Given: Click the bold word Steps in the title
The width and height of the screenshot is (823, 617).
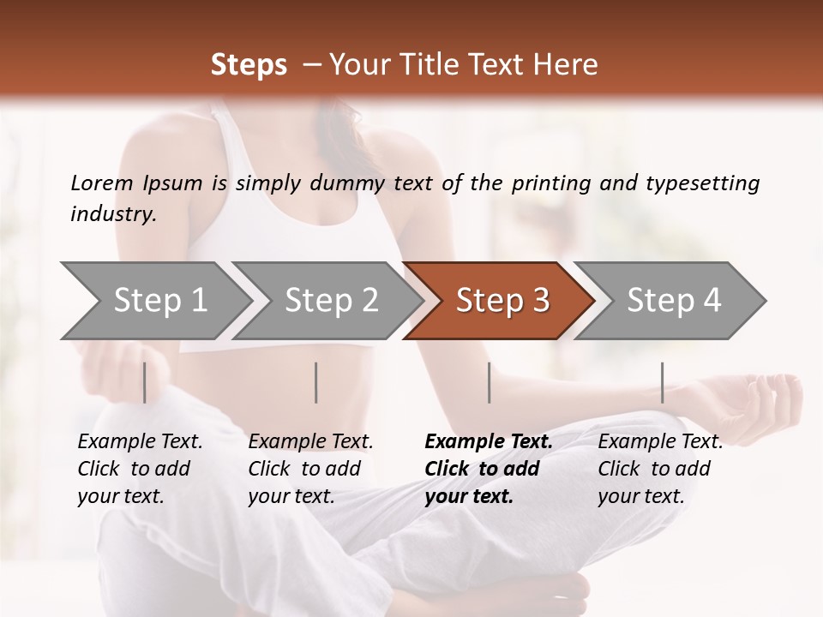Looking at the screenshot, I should click(249, 65).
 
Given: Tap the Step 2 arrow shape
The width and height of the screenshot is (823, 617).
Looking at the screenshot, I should click(331, 301).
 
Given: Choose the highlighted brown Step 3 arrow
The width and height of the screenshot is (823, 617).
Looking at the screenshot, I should click(502, 301).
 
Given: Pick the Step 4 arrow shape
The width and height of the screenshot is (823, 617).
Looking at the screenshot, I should click(674, 301).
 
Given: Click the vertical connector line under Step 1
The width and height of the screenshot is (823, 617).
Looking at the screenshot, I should click(145, 382).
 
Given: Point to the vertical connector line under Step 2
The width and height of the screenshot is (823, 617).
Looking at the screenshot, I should click(316, 382).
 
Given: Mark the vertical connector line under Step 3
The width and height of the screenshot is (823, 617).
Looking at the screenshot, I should click(490, 382).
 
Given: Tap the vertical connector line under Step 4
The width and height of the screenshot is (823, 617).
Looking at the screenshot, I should click(663, 382).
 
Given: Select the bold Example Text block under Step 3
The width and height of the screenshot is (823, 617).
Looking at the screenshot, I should click(489, 469).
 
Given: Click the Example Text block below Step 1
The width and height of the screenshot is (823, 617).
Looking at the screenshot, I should click(140, 469).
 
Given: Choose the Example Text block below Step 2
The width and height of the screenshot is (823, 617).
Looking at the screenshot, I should click(310, 469).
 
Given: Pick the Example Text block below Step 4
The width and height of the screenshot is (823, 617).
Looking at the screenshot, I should click(660, 469).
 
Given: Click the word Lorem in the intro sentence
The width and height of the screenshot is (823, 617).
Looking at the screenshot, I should click(102, 183).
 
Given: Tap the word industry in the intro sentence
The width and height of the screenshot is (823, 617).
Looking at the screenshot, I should click(113, 214).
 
